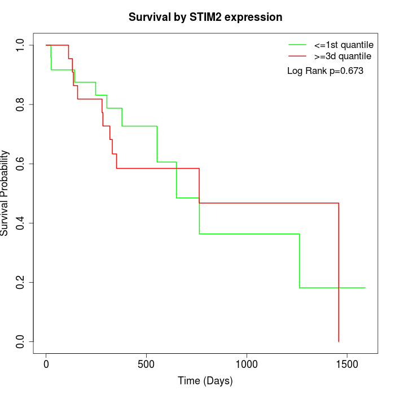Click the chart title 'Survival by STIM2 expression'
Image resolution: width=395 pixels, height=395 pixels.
pos(205,17)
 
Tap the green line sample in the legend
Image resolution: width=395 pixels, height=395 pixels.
pos(297,45)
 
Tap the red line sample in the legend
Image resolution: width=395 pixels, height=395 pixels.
pos(297,56)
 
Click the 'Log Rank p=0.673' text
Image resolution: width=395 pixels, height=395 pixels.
pos(325,71)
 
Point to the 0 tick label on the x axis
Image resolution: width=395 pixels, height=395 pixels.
pos(46,364)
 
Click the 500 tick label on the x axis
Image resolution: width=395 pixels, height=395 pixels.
pos(146,364)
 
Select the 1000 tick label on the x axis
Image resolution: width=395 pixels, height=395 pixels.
pos(247,364)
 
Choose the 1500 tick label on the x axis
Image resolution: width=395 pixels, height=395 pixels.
pos(346,364)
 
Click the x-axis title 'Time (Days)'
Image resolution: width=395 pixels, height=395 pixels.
pos(205,381)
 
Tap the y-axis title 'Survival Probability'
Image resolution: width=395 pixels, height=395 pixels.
pos(6,193)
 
